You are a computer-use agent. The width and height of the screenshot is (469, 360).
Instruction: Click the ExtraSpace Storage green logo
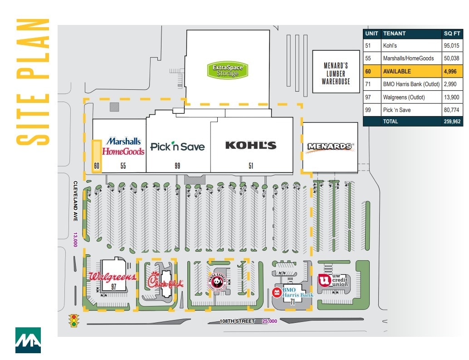227,70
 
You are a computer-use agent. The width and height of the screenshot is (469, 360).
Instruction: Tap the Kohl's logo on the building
251,146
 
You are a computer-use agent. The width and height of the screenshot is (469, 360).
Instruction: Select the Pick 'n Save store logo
177,146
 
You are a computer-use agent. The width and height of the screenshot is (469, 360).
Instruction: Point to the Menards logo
330,146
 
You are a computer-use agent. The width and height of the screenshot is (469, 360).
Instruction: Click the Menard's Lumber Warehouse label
336,73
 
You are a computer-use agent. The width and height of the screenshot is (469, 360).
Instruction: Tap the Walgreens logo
112,277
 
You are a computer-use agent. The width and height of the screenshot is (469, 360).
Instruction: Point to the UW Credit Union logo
334,280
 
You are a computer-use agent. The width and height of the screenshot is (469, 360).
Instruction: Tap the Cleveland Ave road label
76,201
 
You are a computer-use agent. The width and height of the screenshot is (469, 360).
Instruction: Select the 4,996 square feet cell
452,71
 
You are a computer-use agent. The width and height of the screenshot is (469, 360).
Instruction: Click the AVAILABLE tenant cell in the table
397,71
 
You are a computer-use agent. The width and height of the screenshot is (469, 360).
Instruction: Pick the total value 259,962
452,122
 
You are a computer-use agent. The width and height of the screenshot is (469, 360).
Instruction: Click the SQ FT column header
452,34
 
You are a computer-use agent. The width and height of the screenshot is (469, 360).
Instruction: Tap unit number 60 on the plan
97,166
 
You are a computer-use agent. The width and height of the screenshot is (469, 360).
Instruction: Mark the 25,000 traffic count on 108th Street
269,321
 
